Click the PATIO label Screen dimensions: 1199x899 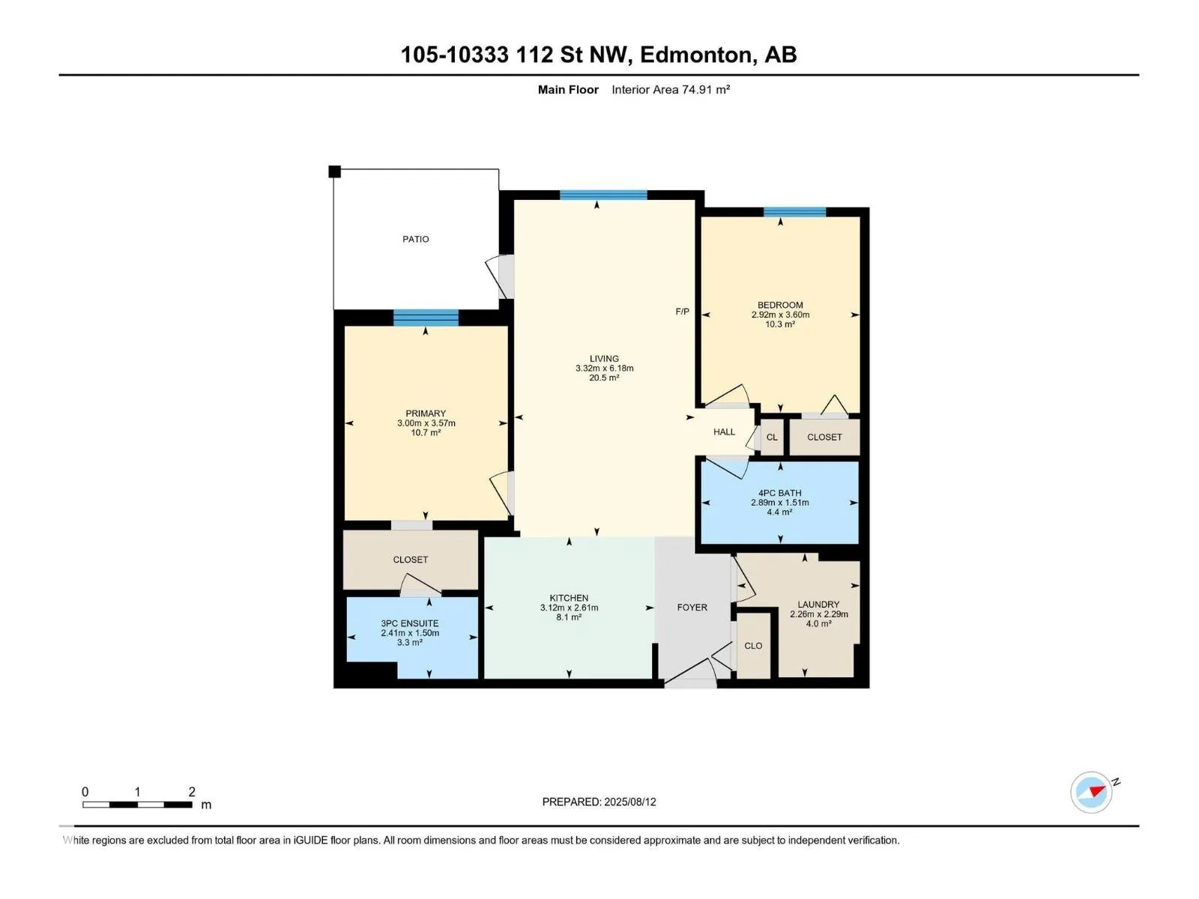415,239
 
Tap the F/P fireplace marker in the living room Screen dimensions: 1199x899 682,312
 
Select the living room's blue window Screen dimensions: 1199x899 603,195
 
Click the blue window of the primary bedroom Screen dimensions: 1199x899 426,318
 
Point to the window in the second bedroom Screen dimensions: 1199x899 794,212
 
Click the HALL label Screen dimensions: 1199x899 724,432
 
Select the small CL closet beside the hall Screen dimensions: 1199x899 772,438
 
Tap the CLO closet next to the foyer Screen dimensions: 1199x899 753,646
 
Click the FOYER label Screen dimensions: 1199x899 692,608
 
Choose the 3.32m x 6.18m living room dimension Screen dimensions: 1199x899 604,369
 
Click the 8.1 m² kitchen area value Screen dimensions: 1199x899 569,617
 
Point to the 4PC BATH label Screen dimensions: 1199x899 779,493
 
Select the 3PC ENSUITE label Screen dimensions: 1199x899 410,623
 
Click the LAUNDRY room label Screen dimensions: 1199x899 818,605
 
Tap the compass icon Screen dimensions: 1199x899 1091,792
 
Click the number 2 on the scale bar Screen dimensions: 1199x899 192,791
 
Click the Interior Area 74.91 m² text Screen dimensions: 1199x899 670,89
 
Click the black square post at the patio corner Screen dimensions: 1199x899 334,172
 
